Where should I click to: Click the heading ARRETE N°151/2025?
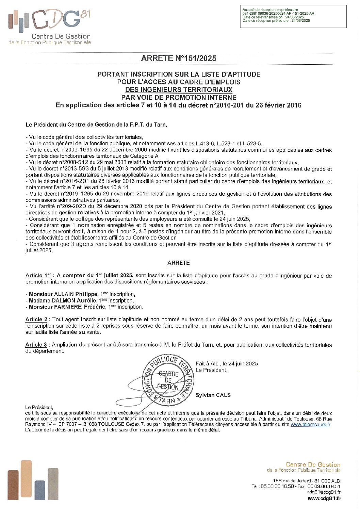coord(179,58)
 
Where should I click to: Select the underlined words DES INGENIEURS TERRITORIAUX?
coord(179,90)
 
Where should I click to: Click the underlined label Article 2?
coord(36,319)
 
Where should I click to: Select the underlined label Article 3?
coord(36,345)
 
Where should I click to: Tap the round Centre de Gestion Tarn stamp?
coord(168,379)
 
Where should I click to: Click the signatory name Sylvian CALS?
coord(213,395)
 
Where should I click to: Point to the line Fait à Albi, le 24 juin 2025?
coord(227,363)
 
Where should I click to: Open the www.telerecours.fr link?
coord(311,424)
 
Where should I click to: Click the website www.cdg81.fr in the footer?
coord(324,498)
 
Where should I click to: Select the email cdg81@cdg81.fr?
coord(324,492)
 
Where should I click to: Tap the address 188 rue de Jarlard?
coord(292,481)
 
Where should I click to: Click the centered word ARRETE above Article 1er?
coord(179,263)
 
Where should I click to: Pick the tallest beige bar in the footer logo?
coord(26,480)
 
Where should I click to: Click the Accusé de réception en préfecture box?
coord(293,16)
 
